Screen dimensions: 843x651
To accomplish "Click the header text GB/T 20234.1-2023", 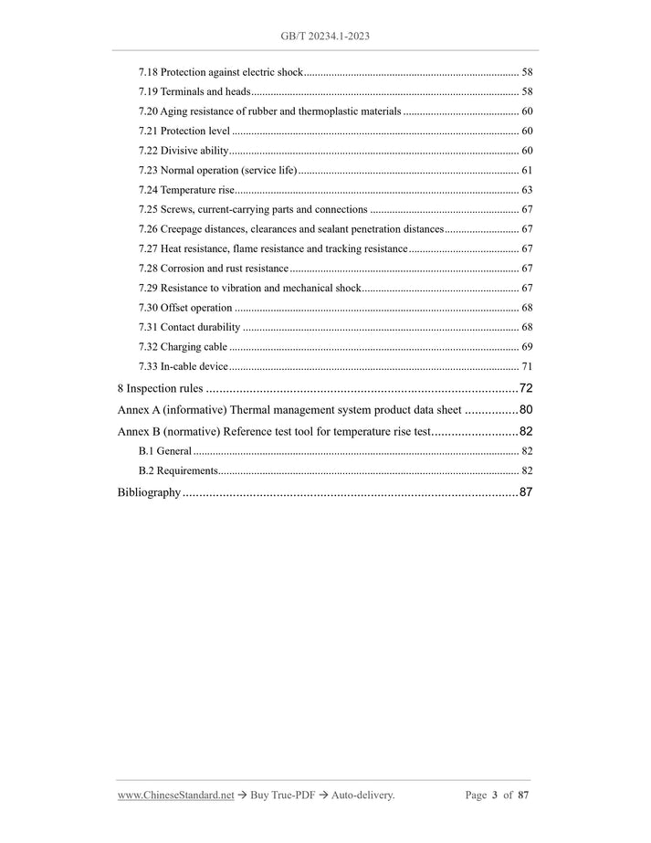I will tap(325, 36).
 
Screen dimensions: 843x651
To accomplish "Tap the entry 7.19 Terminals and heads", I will tap(194, 91).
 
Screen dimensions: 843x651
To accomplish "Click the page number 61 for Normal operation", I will tap(527, 170).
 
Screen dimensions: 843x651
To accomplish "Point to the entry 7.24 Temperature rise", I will tap(186, 190).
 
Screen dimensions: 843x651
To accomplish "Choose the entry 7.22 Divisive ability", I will tap(183, 151).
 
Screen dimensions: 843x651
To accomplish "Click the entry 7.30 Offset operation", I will tap(185, 308).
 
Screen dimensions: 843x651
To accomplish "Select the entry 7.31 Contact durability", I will tap(189, 327).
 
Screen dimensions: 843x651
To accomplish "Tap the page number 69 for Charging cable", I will tap(527, 347).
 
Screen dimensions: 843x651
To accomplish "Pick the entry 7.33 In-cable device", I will tap(183, 366).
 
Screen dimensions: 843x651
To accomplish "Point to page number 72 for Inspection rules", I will tap(526, 388).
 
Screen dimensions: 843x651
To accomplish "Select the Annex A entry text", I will tap(289, 410).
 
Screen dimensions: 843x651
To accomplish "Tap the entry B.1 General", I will tap(164, 451).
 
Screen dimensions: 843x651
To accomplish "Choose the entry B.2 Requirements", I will tap(178, 470).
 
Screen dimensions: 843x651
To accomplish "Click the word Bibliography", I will tap(149, 493).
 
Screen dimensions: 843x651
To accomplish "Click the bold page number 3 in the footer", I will tap(494, 796).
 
